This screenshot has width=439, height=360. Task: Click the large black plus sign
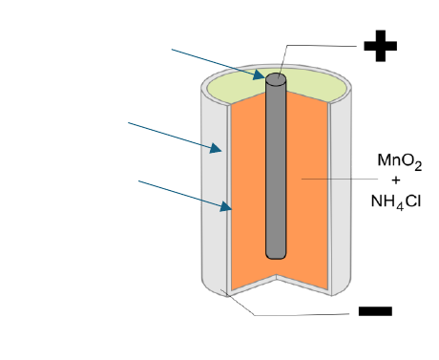click(x=381, y=46)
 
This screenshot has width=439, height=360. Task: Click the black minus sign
click(x=375, y=311)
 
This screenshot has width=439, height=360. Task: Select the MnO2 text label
click(x=400, y=161)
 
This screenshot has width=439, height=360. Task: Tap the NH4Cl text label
click(x=396, y=202)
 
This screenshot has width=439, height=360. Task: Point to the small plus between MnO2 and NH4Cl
click(x=396, y=180)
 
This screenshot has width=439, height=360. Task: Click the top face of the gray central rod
click(x=276, y=79)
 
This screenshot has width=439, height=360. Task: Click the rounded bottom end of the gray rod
click(x=276, y=255)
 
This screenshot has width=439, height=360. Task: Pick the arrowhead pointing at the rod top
click(x=260, y=74)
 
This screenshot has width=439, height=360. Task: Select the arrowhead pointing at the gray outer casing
click(x=216, y=148)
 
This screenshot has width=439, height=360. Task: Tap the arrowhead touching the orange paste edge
click(x=226, y=206)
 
